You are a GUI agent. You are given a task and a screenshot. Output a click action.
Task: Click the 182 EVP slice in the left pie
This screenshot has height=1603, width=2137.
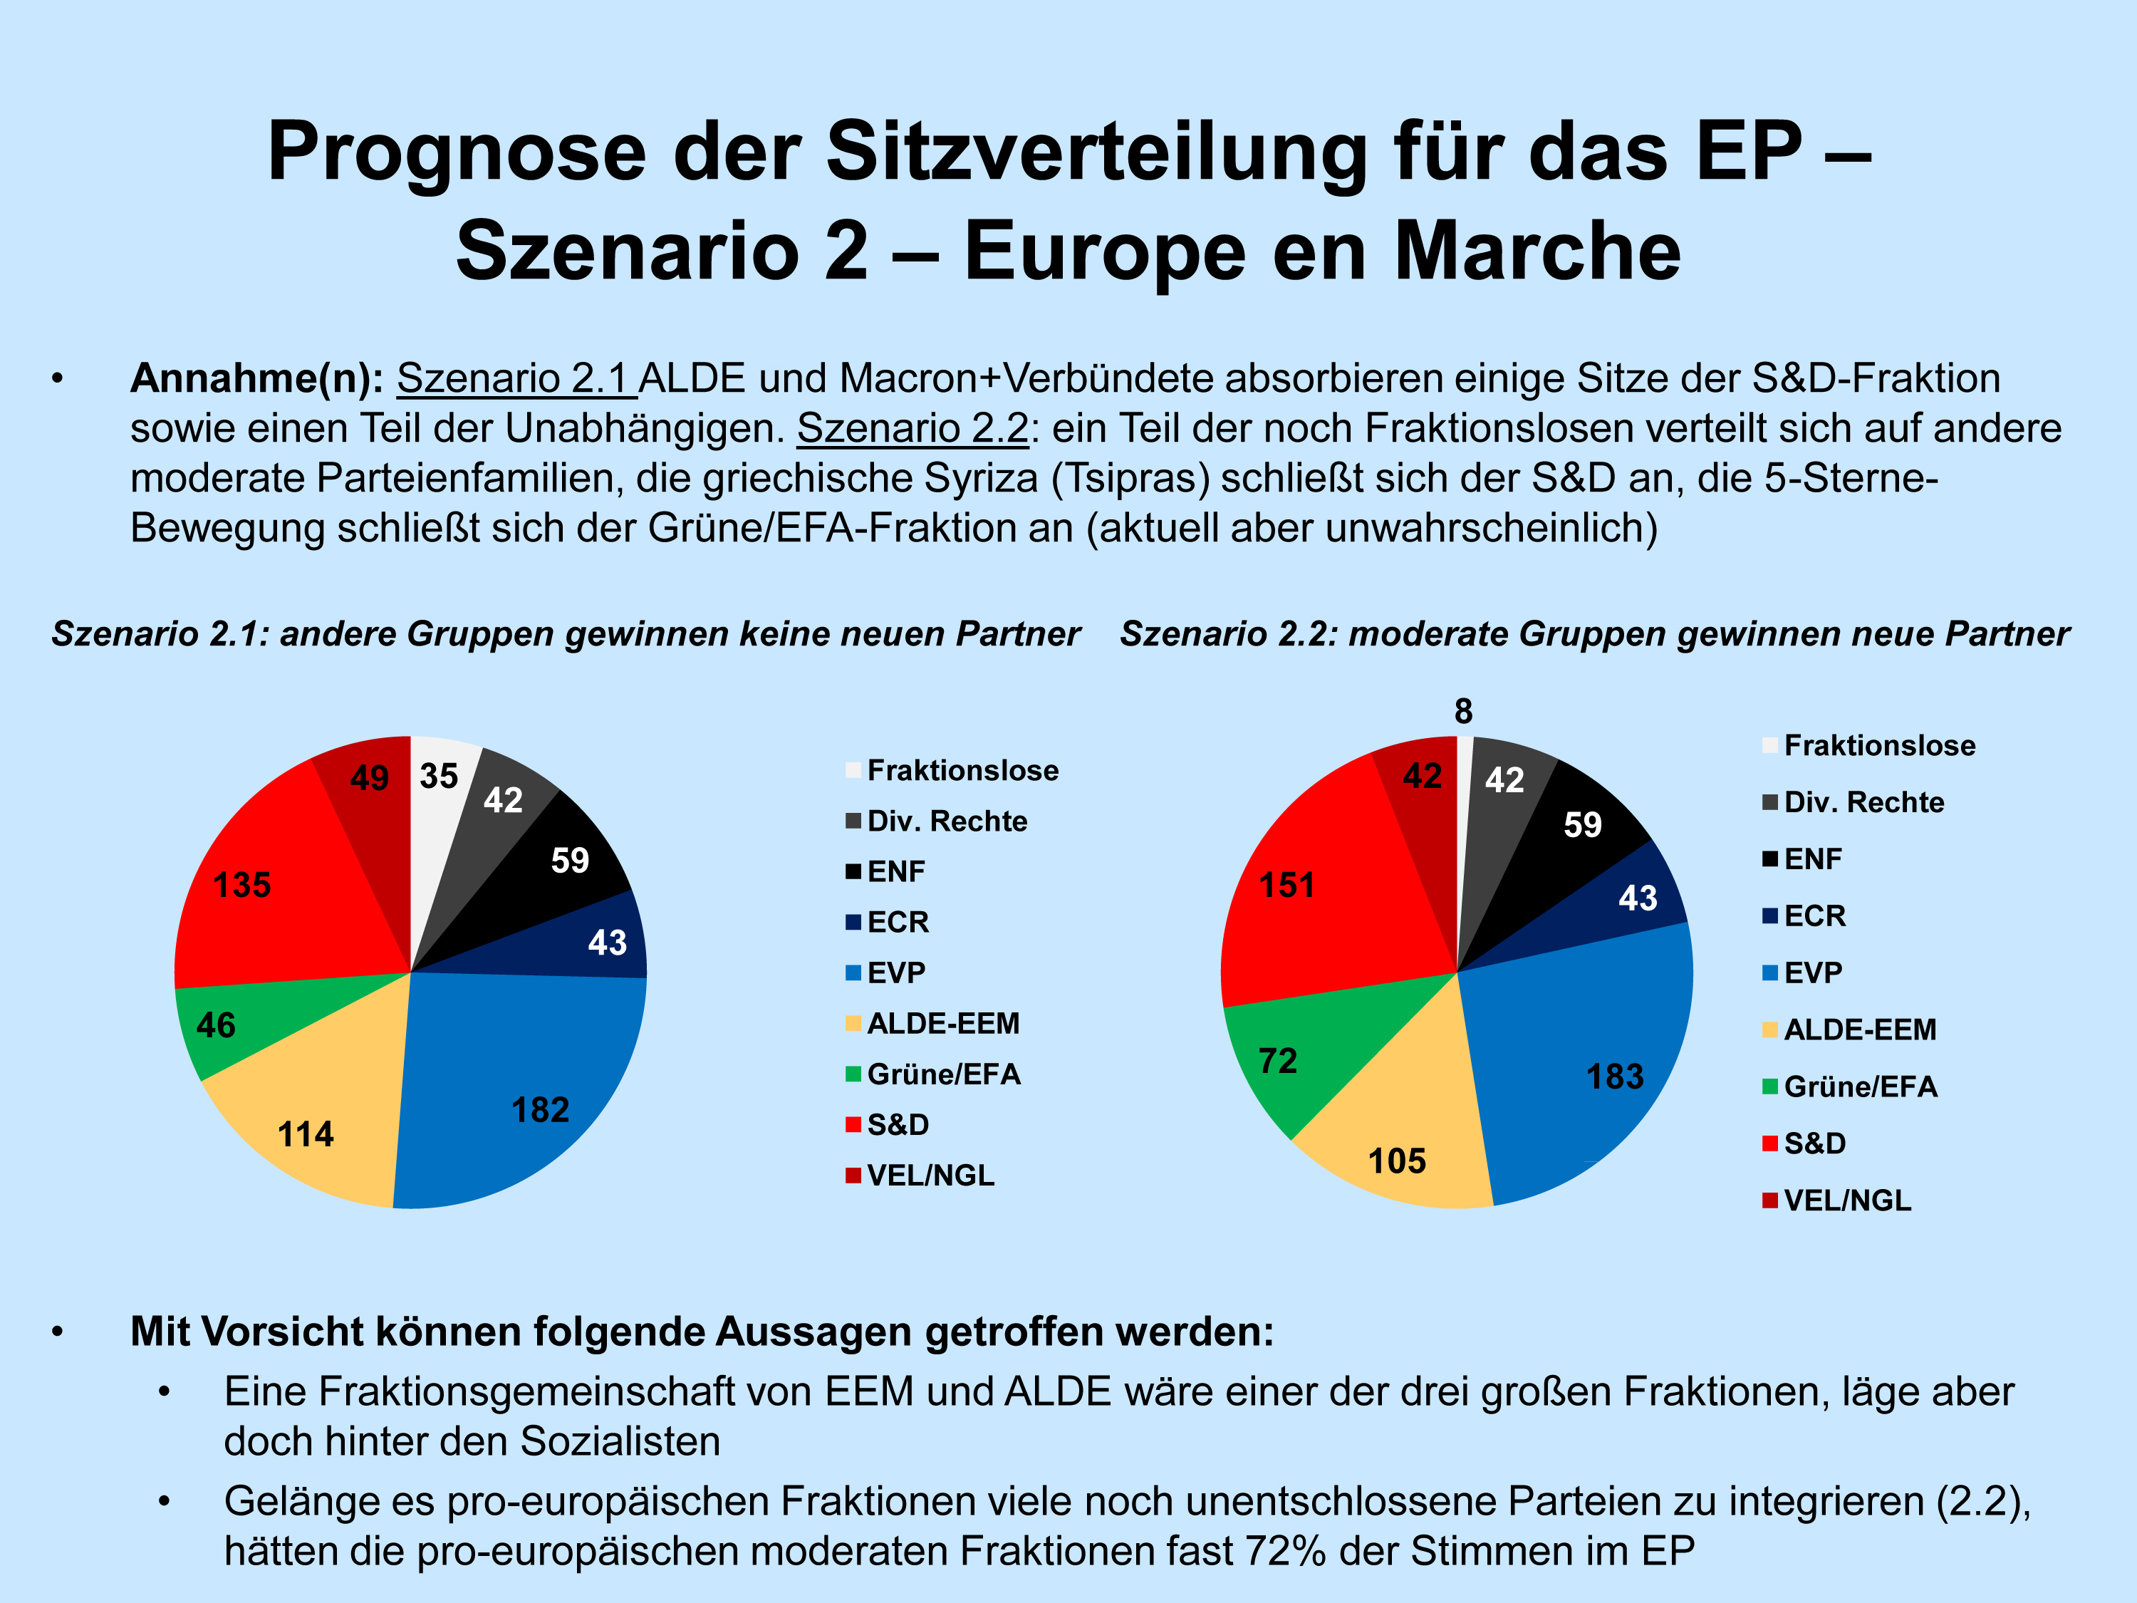point(526,1082)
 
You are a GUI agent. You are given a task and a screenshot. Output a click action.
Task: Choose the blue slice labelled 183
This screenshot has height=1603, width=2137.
point(1594,1063)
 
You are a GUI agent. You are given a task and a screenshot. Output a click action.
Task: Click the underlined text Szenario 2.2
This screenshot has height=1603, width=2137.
point(912,428)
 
